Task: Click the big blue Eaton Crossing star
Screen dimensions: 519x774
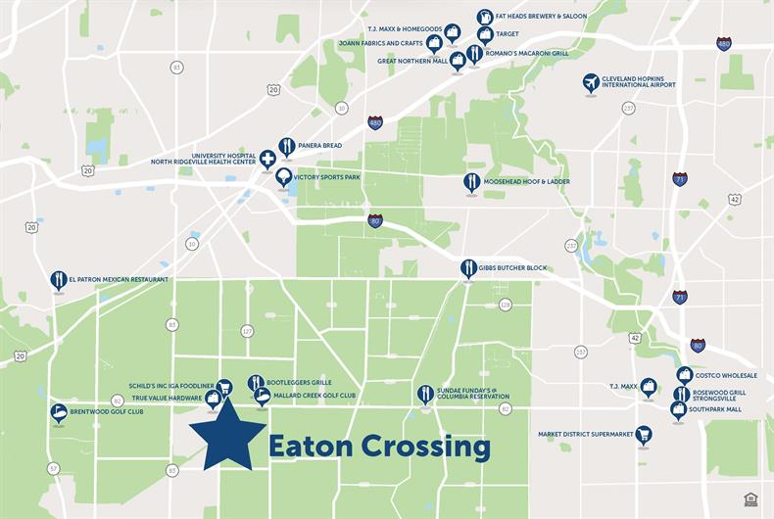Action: point(227,434)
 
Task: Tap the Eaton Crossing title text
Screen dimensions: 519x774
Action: point(379,447)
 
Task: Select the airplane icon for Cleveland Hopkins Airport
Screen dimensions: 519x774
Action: point(591,82)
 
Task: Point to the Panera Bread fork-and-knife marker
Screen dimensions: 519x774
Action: point(286,147)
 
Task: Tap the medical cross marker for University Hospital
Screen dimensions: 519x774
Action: point(267,160)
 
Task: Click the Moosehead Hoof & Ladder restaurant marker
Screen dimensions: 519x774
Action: point(471,182)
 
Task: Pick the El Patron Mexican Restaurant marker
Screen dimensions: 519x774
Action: point(58,280)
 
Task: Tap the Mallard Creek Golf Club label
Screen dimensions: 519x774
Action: point(314,396)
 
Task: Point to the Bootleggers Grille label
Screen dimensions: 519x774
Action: point(300,382)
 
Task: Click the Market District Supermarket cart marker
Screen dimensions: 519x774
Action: point(643,434)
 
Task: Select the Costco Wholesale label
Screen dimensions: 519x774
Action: point(727,375)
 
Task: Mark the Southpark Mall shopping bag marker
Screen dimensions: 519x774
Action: point(678,408)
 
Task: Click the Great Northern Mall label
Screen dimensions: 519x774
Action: point(412,61)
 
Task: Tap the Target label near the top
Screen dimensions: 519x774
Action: point(508,33)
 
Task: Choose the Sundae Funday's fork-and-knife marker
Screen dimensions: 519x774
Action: point(425,394)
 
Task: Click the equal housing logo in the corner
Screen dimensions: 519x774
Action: point(750,498)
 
